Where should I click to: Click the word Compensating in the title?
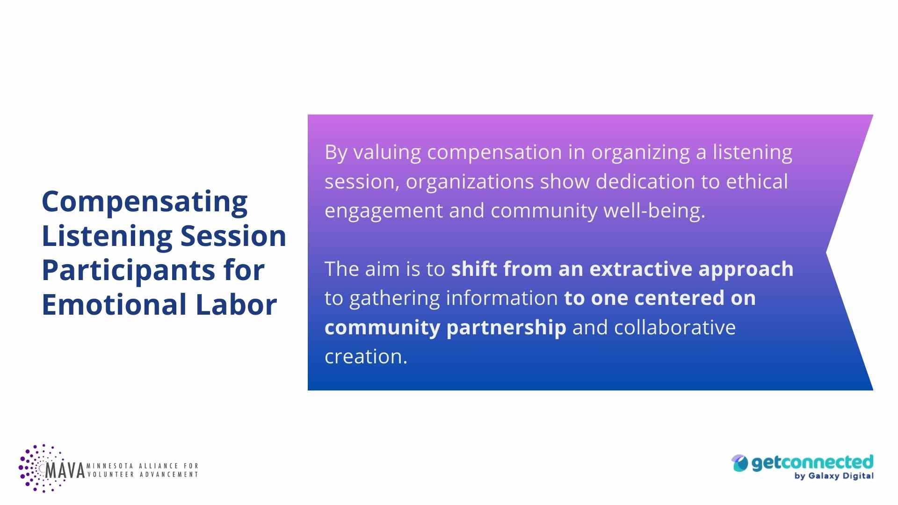[x=145, y=202]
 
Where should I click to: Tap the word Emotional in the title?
[x=114, y=305]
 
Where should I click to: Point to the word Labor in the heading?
[x=236, y=305]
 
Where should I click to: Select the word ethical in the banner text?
[x=757, y=181]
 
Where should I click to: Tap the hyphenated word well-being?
[x=654, y=211]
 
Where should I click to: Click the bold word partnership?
[x=506, y=328]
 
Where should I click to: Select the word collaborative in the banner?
[x=675, y=327]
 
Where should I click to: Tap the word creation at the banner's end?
[x=366, y=357]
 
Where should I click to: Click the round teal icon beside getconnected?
[x=740, y=463]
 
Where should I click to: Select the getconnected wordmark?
[x=812, y=462]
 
